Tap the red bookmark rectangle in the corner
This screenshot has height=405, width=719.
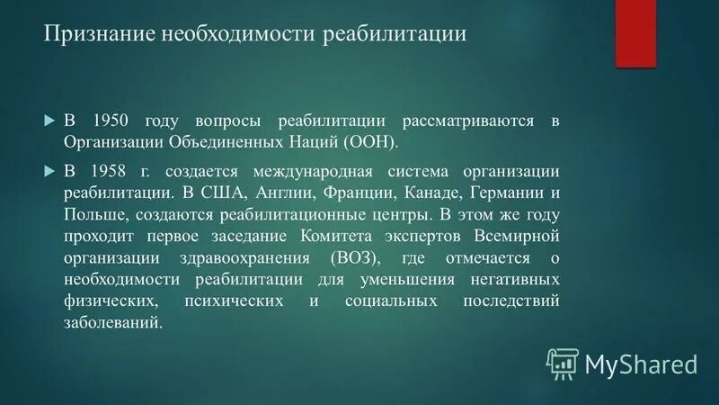coord(635,32)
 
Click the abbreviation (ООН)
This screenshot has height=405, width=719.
coord(369,142)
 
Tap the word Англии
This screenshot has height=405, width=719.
coord(287,193)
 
